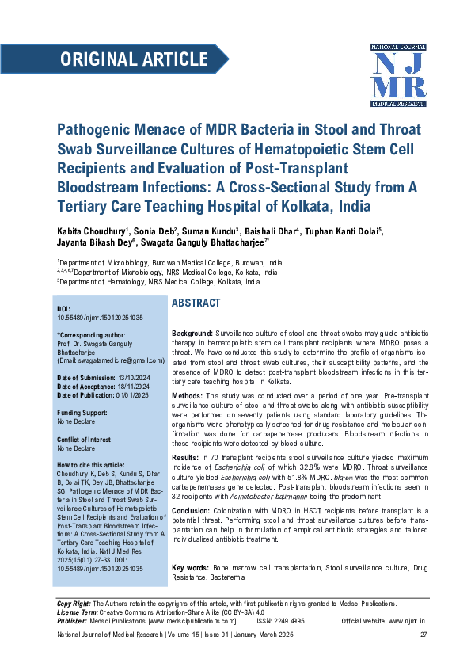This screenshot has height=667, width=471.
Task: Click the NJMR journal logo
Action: click(398, 74)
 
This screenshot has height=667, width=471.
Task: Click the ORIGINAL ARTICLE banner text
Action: click(134, 59)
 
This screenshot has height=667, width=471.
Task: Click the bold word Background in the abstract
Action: click(192, 335)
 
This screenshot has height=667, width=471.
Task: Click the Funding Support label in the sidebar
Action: click(82, 414)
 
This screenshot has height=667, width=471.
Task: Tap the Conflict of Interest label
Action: click(85, 440)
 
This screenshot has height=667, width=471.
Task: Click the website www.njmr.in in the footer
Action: click(406, 622)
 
